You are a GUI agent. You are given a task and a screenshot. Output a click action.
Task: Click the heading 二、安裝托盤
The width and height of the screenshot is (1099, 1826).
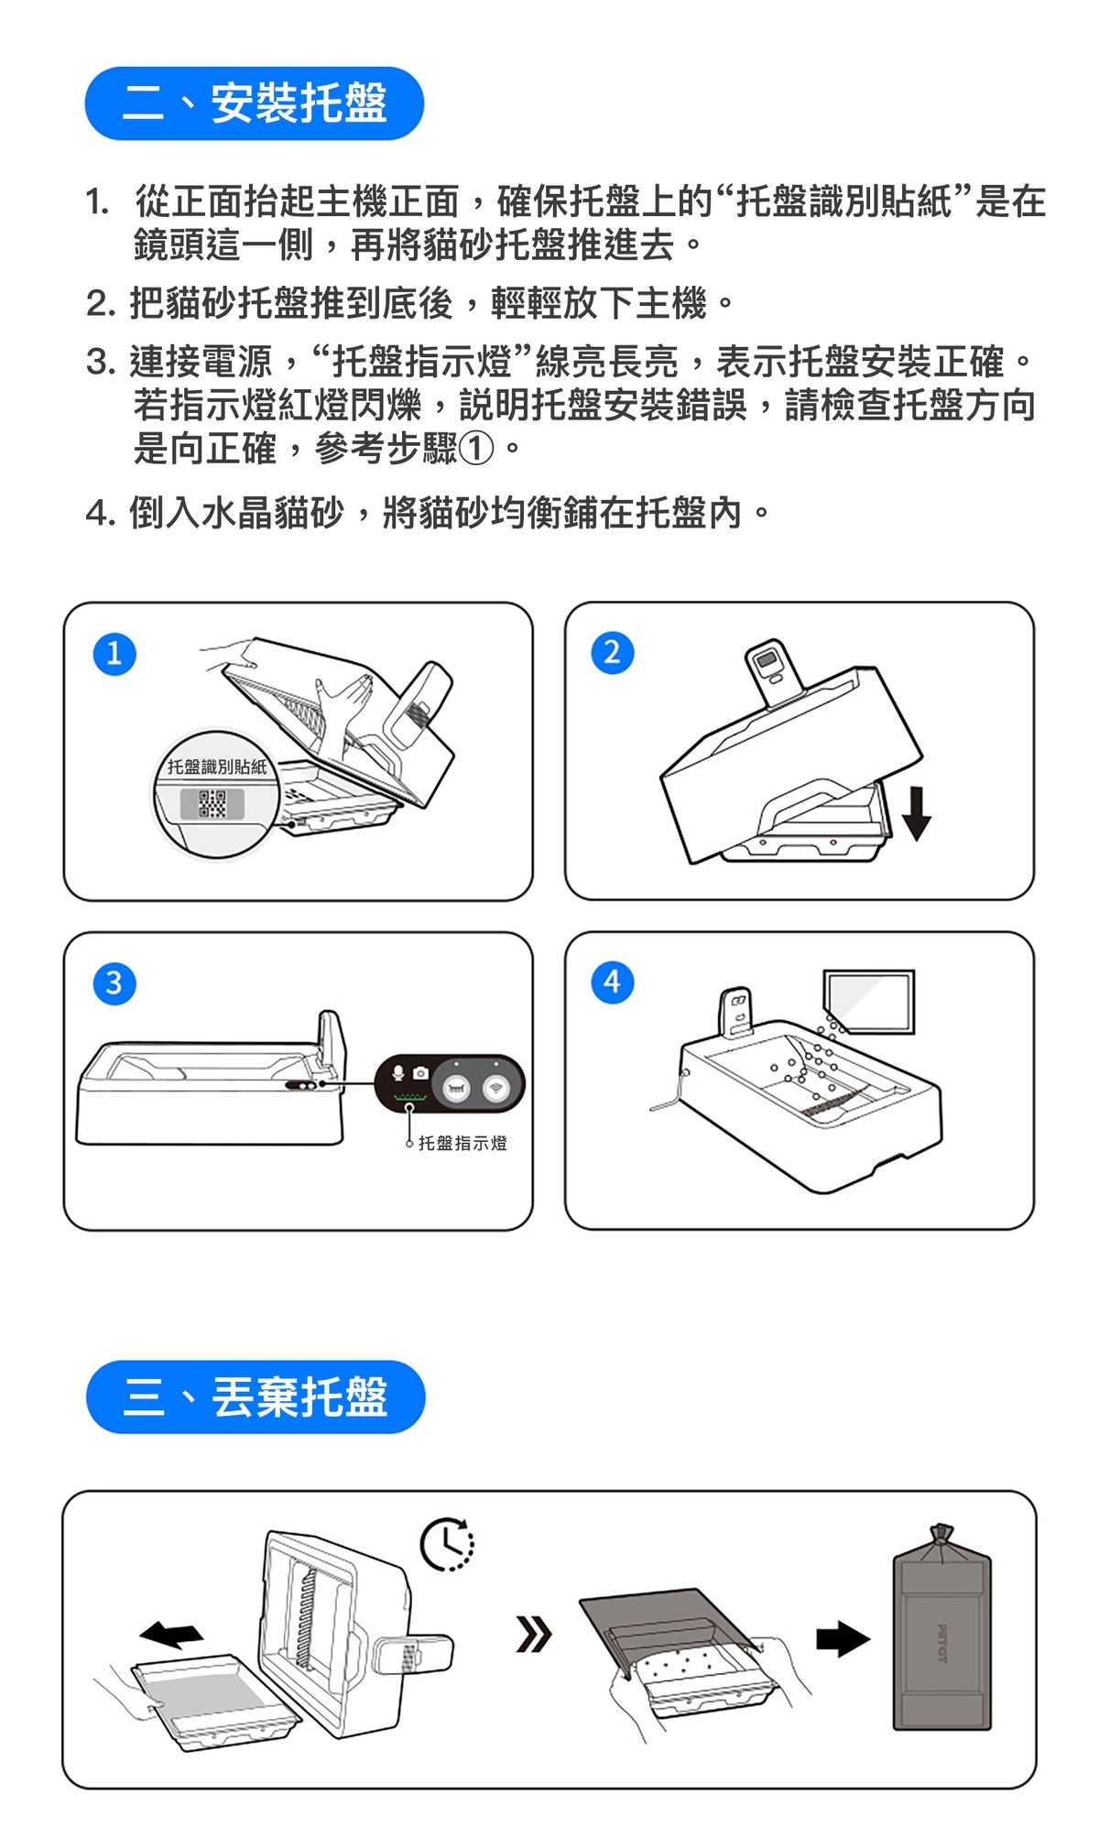coord(254,103)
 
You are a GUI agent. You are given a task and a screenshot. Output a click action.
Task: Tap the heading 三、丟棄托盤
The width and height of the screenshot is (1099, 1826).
coord(256,1397)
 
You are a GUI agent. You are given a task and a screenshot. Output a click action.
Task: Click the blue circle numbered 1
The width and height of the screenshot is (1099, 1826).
coord(114,654)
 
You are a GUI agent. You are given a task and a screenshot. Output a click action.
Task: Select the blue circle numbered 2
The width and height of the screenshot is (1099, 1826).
coord(613,653)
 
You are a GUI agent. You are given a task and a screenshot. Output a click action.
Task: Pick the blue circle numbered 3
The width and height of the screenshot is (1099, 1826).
coord(114,984)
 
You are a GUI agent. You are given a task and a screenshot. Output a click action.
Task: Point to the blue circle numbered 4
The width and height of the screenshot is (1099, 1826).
coord(613,983)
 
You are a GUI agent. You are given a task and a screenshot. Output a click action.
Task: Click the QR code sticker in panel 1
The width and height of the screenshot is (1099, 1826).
coord(212,804)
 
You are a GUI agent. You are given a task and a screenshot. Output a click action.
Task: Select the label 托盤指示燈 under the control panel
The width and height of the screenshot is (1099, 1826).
coord(462,1143)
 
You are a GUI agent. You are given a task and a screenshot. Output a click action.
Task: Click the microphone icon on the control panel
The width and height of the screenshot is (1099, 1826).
coord(398,1071)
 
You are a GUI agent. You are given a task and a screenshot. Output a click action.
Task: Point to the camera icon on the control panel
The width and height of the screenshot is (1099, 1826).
coord(420,1072)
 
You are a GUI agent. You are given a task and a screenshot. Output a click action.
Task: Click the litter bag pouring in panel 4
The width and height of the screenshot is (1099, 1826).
coord(869,1001)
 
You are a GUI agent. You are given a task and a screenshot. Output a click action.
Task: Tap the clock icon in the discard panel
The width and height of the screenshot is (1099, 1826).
coord(447,1545)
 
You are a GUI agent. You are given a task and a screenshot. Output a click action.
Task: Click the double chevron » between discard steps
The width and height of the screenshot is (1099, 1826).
coord(534,1634)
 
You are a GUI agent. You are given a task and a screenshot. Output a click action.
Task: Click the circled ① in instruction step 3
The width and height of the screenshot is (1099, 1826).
coord(475,449)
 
